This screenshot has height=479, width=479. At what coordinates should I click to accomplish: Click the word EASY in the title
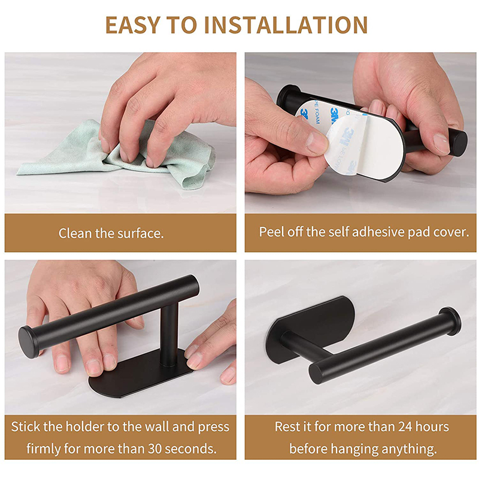click(132, 25)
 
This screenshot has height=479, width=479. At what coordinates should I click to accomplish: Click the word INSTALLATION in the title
click(286, 25)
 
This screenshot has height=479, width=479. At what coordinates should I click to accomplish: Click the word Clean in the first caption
click(75, 234)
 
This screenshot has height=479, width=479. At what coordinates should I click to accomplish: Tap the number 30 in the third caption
click(155, 448)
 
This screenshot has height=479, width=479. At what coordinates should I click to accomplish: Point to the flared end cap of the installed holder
click(450, 322)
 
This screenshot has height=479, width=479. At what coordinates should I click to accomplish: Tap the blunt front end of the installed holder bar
click(316, 373)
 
